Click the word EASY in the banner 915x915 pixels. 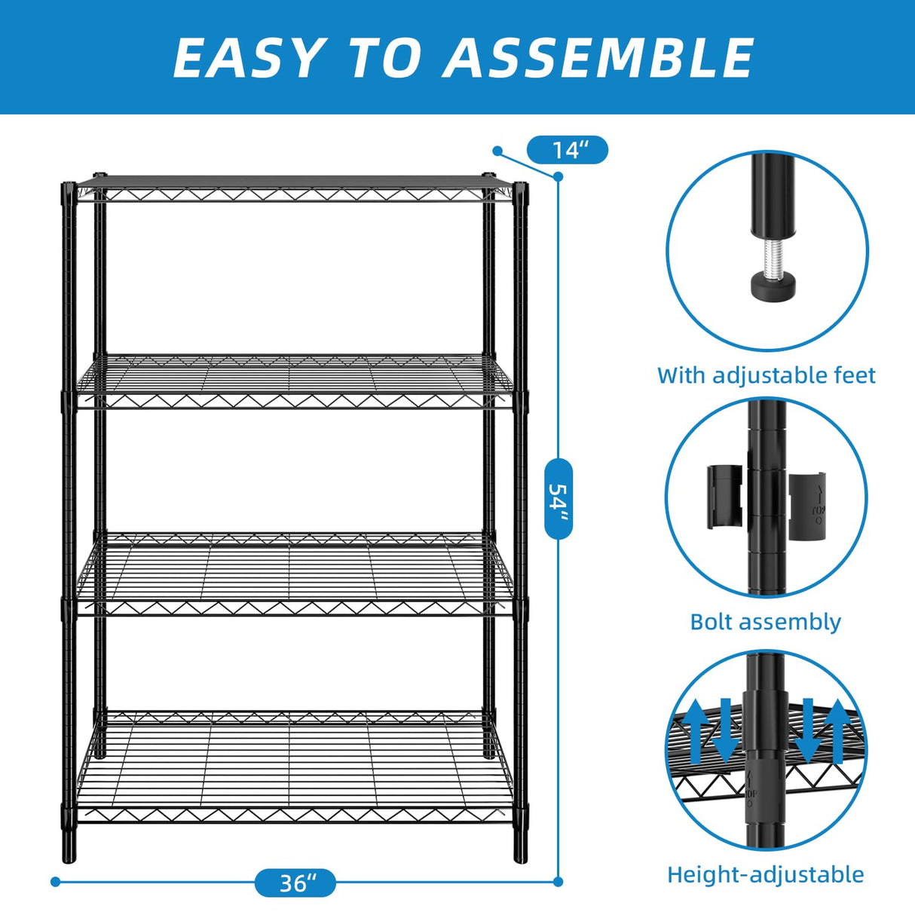point(247,58)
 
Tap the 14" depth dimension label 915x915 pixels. point(567,150)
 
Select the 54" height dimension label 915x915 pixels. point(558,497)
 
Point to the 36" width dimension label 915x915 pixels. point(295,883)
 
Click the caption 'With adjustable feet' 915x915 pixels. point(766,375)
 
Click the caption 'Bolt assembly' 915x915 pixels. point(765,622)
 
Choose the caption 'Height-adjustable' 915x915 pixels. point(765,874)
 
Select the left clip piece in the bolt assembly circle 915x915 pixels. point(724,497)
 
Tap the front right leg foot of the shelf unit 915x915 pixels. point(521,852)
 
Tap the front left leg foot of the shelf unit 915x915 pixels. point(69,852)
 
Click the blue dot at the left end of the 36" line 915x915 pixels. point(55,881)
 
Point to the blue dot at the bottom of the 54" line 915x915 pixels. point(558,881)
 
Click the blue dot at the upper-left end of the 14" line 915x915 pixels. point(497,151)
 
